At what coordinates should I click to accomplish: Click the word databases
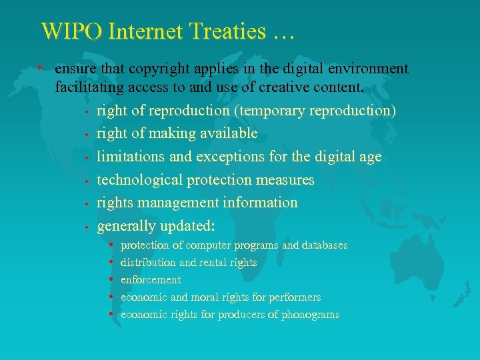[325, 245]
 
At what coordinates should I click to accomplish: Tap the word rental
[203, 263]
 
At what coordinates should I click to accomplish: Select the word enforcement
[151, 280]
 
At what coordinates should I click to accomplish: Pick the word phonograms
[309, 314]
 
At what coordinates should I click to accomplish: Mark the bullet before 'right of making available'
[87, 134]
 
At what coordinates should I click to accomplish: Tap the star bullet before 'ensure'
[41, 69]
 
